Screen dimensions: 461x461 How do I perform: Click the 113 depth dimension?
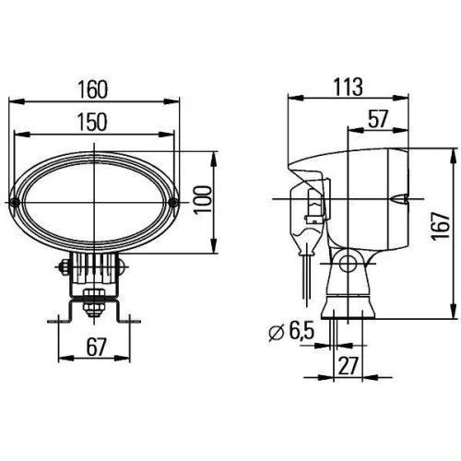347,85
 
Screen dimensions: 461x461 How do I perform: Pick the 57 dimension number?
377,117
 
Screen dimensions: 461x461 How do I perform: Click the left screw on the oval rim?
17,200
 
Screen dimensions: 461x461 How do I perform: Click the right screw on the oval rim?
171,200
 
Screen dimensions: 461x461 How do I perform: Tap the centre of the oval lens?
94,200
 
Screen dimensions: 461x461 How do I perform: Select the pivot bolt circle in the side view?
348,266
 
